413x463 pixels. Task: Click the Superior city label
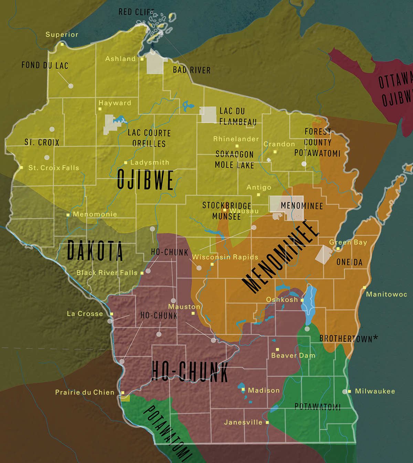[x=62, y=34]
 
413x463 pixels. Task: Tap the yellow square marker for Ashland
[x=142, y=59]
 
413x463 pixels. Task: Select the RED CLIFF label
[x=136, y=12]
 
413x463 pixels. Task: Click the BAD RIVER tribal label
[x=192, y=70]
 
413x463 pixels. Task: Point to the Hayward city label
[x=115, y=103]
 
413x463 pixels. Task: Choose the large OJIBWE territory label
[x=145, y=180]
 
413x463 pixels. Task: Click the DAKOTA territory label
[x=95, y=251]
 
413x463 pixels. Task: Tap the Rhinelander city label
[x=236, y=139]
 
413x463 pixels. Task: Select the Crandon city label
[x=279, y=144]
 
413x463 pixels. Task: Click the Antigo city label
[x=259, y=187]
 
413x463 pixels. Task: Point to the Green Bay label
[x=348, y=242]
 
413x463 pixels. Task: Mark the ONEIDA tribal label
[x=349, y=262]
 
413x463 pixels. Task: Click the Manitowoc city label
[x=386, y=294]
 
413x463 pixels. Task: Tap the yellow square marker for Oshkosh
[x=302, y=300]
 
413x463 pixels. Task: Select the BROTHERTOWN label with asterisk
[x=348, y=339]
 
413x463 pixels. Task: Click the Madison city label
[x=264, y=390]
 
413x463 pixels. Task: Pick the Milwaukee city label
[x=375, y=391]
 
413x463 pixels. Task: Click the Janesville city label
[x=243, y=422]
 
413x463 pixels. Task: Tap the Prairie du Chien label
[x=85, y=392]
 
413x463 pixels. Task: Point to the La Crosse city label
[x=85, y=314]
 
